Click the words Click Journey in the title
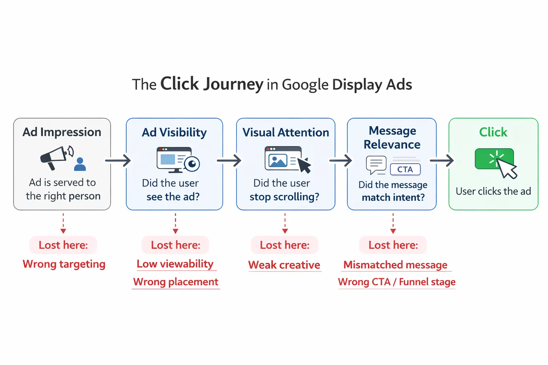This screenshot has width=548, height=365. point(212,84)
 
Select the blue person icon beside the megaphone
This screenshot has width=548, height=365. point(80,164)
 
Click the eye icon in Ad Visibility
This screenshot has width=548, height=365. point(192,164)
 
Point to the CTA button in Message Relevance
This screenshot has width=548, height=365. point(405,169)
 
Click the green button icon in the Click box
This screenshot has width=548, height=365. point(494,159)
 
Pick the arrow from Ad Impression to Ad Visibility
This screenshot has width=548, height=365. point(118,160)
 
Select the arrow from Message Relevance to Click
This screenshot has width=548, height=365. point(442,160)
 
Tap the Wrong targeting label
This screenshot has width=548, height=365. point(64,264)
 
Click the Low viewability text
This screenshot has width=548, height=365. point(175,264)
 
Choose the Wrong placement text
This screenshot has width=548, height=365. point(176,282)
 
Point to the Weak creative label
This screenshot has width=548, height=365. point(284,265)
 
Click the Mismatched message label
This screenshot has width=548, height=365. point(395,265)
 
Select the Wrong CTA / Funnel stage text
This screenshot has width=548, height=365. point(397,282)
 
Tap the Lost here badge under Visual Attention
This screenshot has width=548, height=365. point(284,245)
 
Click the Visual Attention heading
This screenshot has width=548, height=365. point(285,132)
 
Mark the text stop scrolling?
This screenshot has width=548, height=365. point(284,197)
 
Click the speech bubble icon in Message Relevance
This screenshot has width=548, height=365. point(376,165)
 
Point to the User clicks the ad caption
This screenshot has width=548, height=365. point(493,191)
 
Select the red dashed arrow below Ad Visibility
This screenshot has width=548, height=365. point(175,223)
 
